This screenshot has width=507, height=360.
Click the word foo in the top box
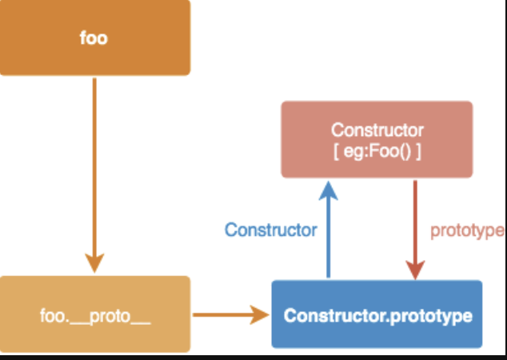click(x=94, y=38)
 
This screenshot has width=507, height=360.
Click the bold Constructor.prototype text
click(x=377, y=314)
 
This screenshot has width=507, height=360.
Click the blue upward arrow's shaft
click(x=328, y=240)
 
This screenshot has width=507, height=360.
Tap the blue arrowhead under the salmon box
click(x=328, y=190)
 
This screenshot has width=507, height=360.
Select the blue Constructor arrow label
click(x=270, y=230)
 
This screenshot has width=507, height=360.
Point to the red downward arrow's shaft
click(x=415, y=216)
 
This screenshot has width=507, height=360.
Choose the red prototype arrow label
click(x=467, y=230)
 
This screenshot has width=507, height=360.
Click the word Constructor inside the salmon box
click(x=377, y=130)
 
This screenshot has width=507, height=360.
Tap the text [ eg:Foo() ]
click(x=377, y=150)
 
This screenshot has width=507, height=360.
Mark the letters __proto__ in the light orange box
click(x=119, y=315)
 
